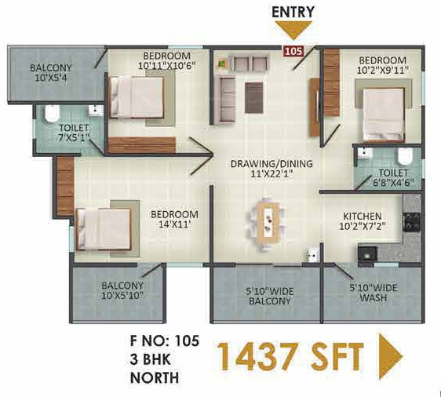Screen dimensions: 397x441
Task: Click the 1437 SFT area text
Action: pyautogui.click(x=290, y=358)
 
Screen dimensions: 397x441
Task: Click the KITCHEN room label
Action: pyautogui.click(x=363, y=220)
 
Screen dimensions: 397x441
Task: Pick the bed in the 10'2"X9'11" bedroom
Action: pyautogui.click(x=383, y=105)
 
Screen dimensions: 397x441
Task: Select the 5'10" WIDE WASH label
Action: pyautogui.click(x=374, y=293)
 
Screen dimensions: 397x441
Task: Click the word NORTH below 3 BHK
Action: pyautogui.click(x=155, y=377)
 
